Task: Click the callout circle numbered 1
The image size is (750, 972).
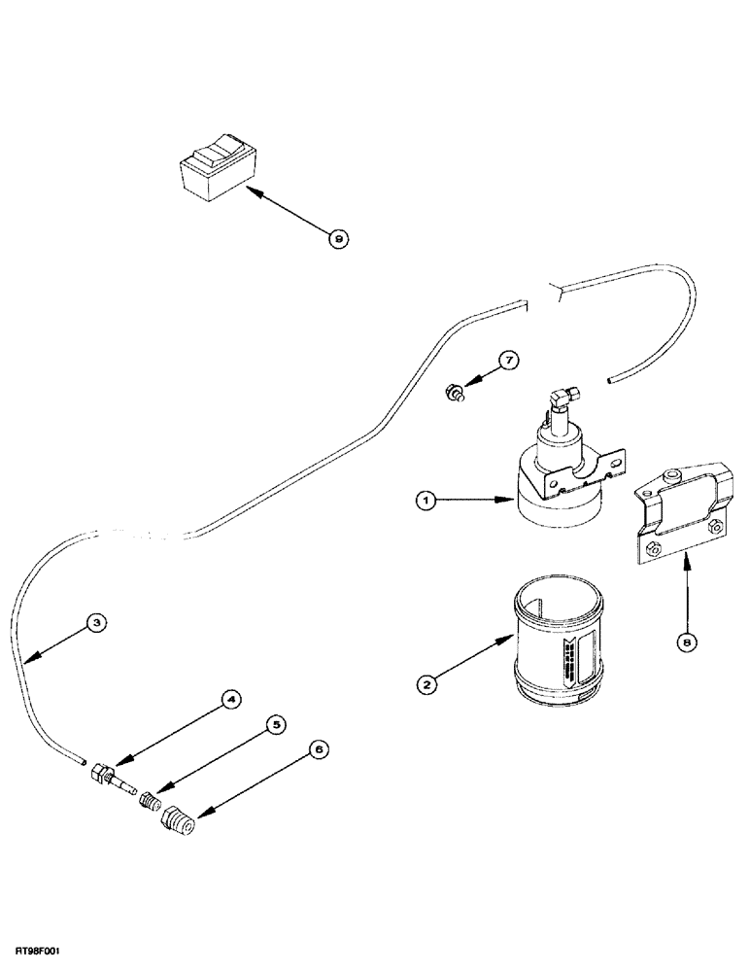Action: (x=425, y=502)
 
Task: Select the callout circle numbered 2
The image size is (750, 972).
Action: (x=426, y=683)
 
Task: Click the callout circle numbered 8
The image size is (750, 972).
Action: (x=688, y=642)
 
